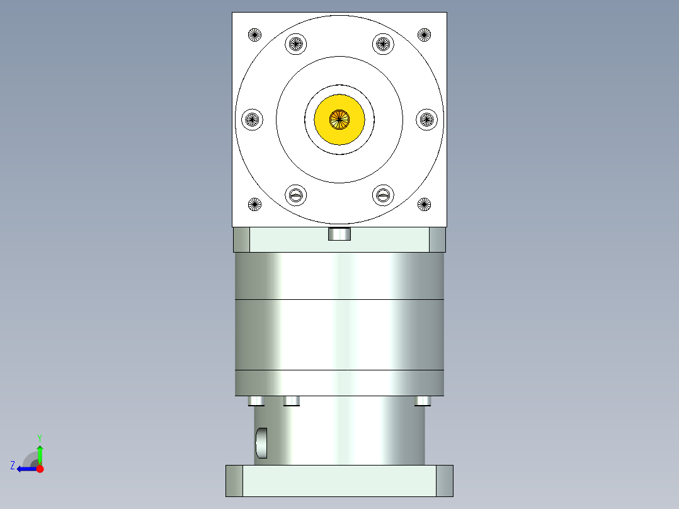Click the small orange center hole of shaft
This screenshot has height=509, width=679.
click(x=339, y=118)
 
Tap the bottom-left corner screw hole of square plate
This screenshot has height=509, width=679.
click(x=254, y=203)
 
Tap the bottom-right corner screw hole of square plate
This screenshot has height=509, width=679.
click(x=425, y=203)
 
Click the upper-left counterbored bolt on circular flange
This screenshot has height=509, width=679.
click(x=296, y=44)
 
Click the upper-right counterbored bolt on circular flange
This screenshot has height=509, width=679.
click(x=383, y=44)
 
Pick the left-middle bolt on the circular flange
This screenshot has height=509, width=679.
click(x=252, y=118)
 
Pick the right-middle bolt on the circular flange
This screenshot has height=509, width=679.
click(x=427, y=118)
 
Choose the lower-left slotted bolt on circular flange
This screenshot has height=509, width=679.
click(x=296, y=195)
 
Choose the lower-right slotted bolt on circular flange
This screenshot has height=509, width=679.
click(x=383, y=195)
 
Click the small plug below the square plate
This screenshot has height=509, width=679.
click(x=339, y=234)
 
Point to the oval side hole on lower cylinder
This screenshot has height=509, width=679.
click(x=261, y=443)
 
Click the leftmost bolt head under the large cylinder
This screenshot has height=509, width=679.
click(x=256, y=401)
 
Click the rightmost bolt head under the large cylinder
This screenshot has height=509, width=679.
click(x=423, y=401)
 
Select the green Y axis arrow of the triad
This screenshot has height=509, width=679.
click(x=40, y=452)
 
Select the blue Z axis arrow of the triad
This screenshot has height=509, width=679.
click(x=25, y=469)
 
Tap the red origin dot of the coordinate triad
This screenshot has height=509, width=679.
click(x=40, y=469)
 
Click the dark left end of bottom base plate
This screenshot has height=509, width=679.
click(x=234, y=481)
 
